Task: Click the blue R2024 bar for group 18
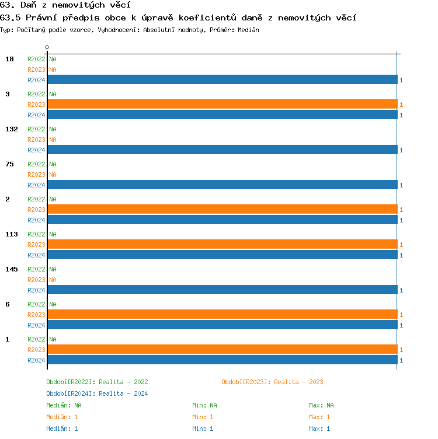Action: point(222,79)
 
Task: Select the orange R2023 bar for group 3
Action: point(222,104)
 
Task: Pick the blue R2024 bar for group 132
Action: point(222,149)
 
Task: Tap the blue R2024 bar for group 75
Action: point(222,184)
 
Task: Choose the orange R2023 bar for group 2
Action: point(222,209)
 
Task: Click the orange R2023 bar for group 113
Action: point(222,244)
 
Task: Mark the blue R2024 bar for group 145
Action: point(222,290)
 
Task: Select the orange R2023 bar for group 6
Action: point(222,314)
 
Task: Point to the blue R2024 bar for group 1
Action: point(222,360)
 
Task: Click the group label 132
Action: point(12,129)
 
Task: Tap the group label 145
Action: point(12,269)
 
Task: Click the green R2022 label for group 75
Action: point(36,164)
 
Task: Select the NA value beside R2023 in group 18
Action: point(53,69)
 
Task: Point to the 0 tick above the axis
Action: point(47,47)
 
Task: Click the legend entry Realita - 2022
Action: point(97,382)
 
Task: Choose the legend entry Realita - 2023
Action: point(272,382)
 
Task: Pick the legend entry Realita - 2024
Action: point(97,393)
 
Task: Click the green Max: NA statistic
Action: point(321,405)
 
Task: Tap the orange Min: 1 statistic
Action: point(203,417)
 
